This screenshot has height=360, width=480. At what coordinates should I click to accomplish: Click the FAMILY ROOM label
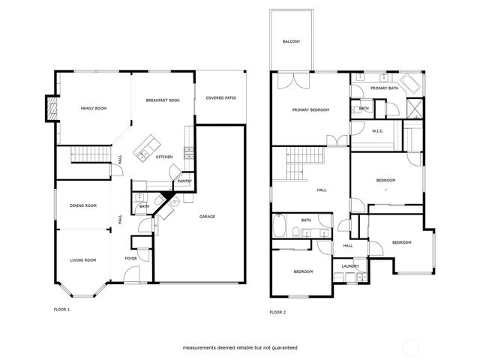[x=94, y=109]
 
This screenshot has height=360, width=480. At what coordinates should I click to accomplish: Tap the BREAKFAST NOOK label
[x=162, y=100]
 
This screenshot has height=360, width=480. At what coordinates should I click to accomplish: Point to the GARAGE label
[x=207, y=217]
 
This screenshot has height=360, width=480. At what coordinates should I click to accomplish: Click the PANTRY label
[x=184, y=181]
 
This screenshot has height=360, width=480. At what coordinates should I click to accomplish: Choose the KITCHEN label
[x=164, y=157]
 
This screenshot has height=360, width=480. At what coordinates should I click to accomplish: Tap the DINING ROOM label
[x=83, y=205]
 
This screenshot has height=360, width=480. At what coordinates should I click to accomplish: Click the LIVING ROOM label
[x=83, y=259]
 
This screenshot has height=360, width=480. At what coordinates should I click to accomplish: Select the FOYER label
[x=130, y=258]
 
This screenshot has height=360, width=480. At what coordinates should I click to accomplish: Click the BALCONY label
[x=292, y=41]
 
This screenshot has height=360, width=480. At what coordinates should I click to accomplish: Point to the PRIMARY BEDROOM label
[x=310, y=110]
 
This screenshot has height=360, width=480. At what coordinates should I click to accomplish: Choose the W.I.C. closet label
[x=378, y=131]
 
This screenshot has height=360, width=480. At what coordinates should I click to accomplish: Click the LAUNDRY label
[x=349, y=266]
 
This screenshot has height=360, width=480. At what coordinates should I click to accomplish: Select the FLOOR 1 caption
[x=61, y=309]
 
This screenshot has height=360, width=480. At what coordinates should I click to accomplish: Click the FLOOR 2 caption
[x=277, y=311]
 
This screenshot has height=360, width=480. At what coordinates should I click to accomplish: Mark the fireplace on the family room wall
[x=51, y=108]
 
